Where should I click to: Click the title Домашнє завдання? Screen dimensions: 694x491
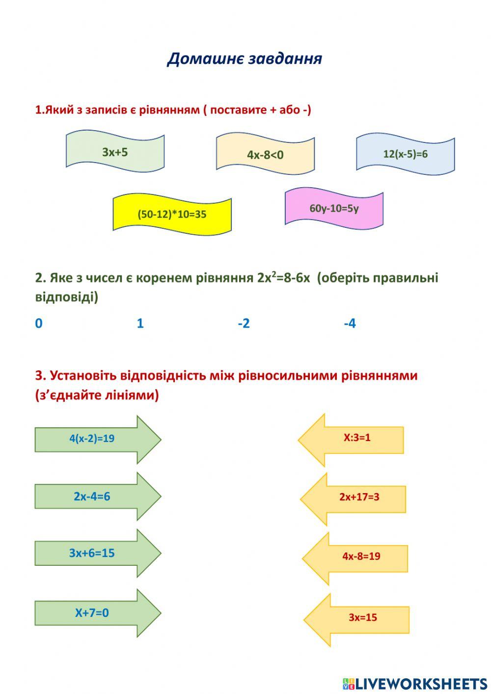point(245,58)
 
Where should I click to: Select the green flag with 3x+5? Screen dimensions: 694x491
point(115,152)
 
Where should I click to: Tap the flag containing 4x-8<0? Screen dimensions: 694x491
point(265,154)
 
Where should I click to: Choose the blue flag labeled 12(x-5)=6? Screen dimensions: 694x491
point(405,154)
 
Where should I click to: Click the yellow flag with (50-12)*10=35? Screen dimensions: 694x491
point(172,214)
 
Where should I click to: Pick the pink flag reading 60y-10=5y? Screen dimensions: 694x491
point(334,208)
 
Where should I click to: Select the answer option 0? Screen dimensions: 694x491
point(39,323)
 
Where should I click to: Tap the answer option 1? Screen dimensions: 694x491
point(140,323)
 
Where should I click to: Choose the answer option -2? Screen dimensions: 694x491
point(244,323)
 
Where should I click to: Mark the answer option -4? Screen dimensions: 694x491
point(350,323)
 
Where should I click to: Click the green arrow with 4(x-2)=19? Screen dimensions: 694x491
point(92,439)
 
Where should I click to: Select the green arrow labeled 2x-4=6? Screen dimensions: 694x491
point(92,496)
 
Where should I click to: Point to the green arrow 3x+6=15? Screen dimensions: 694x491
point(92,553)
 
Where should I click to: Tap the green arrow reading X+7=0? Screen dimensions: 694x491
point(92,612)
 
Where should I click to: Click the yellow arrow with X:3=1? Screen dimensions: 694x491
point(357,438)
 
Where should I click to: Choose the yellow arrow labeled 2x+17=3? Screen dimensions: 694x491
point(359,497)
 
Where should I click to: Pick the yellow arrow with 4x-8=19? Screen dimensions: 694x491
point(361,556)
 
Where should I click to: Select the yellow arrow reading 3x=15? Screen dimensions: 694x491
point(362,617)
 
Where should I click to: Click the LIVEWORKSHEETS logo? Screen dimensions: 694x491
point(414,683)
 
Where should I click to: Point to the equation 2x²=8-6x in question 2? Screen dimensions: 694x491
point(283,278)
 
